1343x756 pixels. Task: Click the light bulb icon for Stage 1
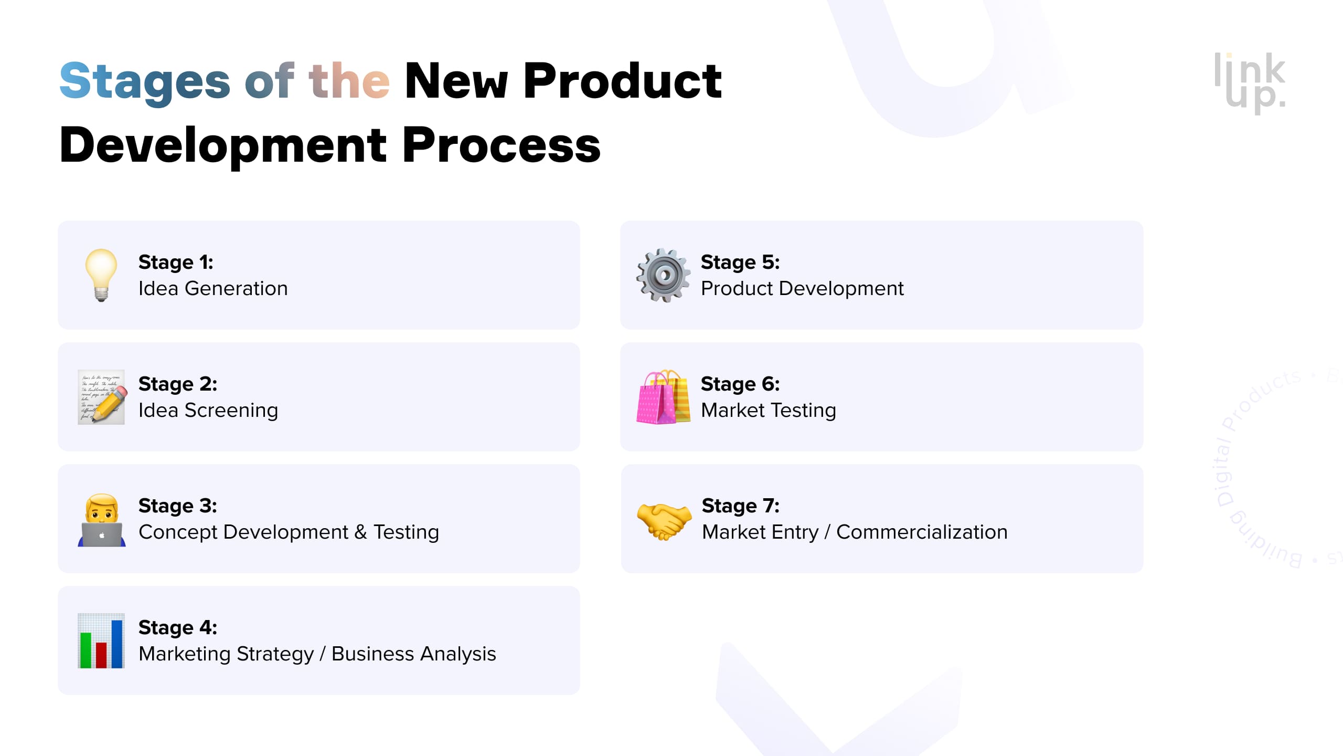101,275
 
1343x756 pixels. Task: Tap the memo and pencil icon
101,397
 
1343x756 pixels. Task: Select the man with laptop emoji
102,520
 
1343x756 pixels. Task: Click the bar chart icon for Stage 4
101,640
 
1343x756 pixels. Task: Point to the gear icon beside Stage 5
664,275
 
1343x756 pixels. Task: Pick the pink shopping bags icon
663,397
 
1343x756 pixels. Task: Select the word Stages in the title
145,82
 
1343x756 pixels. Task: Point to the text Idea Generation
213,289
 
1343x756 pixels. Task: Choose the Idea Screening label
208,411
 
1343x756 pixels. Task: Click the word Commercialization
922,532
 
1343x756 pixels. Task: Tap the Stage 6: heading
740,384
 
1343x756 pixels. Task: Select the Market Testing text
769,411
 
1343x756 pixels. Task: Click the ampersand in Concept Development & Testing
360,532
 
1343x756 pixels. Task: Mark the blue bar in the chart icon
117,644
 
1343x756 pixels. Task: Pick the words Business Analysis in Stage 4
413,654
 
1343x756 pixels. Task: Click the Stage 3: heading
178,506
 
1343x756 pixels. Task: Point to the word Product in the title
622,82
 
